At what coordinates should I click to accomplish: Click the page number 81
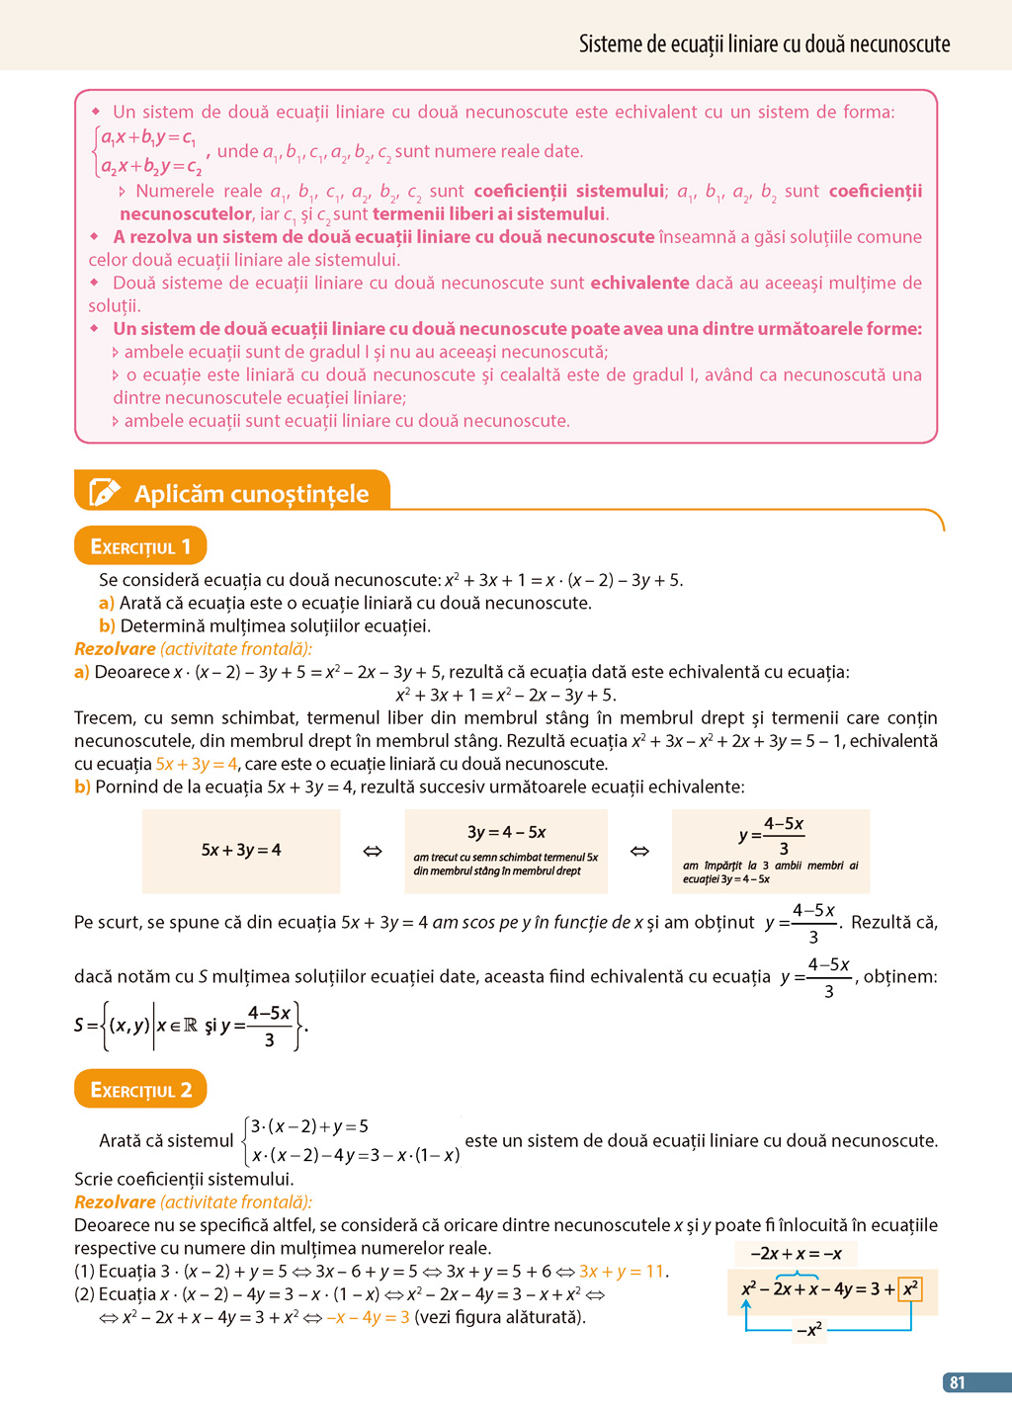coord(957,1382)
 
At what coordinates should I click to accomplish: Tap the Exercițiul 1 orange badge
coord(140,546)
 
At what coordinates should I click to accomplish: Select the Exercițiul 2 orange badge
coord(140,1089)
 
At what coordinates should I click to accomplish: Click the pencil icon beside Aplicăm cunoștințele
coord(104,492)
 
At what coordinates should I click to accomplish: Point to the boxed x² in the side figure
coord(910,1288)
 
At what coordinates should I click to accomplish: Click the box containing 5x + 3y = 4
coord(241,851)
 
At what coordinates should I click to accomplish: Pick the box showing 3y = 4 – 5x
coord(506,851)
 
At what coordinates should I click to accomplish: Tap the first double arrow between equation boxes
coord(373,851)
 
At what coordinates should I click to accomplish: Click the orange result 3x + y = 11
coord(623,1272)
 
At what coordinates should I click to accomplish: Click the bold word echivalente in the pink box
coord(639,284)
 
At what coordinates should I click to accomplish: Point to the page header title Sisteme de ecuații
coord(764,44)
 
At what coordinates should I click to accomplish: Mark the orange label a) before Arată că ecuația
coord(107,603)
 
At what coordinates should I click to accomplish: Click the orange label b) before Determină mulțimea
coord(107,625)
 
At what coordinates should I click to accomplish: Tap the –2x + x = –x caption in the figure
coord(796,1254)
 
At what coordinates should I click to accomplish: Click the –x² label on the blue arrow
coord(808,1330)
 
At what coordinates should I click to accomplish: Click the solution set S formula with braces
coord(191,1025)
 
